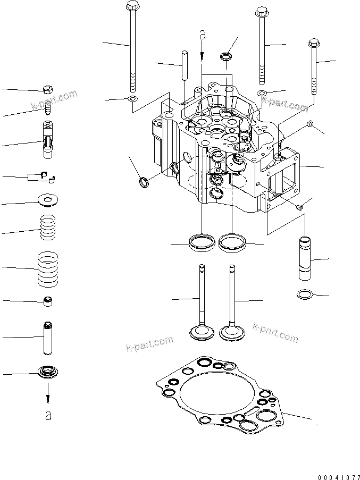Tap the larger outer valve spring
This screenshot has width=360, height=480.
tap(49, 268)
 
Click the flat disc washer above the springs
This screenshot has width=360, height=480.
tap(48, 201)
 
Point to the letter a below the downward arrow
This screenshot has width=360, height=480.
tap(48, 415)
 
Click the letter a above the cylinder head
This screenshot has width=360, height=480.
tap(202, 35)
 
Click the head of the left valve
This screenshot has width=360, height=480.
tap(202, 333)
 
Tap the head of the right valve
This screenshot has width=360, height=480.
tap(232, 333)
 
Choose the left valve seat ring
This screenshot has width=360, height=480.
tap(202, 242)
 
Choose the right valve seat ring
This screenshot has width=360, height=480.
tap(232, 242)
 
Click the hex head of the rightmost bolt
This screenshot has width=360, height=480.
tap(314, 43)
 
